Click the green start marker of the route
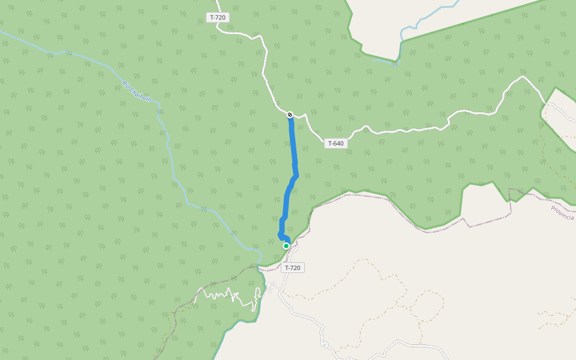click(286, 246)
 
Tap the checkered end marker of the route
click(290, 114)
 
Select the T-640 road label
click(335, 143)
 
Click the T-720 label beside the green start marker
click(292, 268)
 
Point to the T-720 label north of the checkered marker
click(218, 17)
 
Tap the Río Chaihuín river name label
click(136, 92)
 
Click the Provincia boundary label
click(563, 213)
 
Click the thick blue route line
click(292, 150)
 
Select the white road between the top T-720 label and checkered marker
click(265, 66)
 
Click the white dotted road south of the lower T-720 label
click(300, 312)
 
